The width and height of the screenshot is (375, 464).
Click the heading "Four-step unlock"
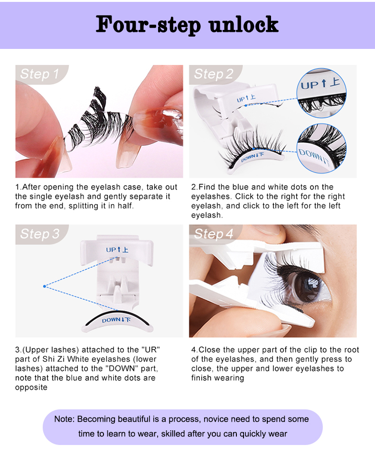click(187, 24)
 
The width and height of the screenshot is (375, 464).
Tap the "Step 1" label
click(39, 74)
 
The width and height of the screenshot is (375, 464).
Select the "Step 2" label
click(214, 74)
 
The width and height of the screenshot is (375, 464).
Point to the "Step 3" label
click(40, 234)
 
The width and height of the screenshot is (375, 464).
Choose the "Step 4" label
click(214, 234)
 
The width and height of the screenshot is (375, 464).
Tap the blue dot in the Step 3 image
click(44, 286)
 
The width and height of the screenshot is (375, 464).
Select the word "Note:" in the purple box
click(65, 419)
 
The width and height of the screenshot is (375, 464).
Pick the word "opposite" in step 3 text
click(31, 388)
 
